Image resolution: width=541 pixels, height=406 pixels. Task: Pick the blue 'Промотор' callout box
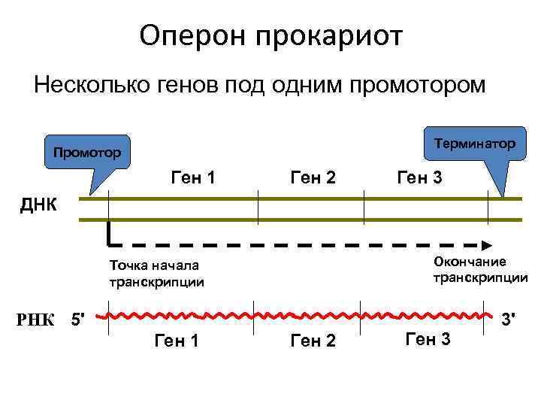tap(87, 153)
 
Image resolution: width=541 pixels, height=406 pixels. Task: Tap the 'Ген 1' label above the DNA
tap(194, 179)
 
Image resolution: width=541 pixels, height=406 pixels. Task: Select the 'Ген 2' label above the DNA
tap(312, 179)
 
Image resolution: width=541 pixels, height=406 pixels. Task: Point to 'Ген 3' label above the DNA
tap(420, 179)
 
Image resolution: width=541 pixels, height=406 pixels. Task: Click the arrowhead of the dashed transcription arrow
tap(487, 244)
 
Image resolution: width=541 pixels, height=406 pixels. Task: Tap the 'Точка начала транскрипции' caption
tap(156, 274)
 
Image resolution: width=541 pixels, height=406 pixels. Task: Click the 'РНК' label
tap(40, 321)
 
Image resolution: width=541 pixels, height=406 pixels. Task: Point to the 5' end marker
tap(77, 321)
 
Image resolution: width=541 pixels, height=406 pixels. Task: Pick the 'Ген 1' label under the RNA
tap(176, 342)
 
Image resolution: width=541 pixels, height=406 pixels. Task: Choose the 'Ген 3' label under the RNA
tap(428, 340)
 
